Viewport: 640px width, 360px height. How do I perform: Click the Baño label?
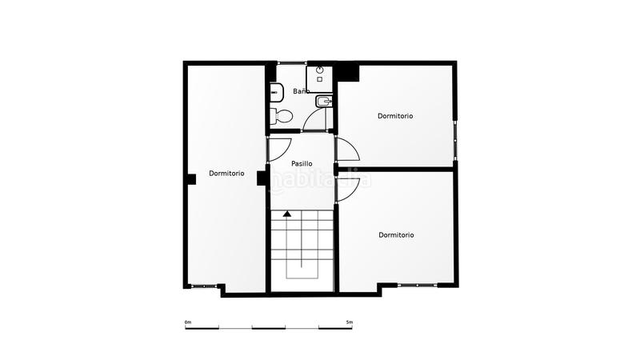tap(301, 91)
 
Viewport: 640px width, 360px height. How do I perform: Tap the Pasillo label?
tap(302, 163)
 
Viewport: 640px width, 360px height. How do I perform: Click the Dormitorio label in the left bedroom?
tap(226, 173)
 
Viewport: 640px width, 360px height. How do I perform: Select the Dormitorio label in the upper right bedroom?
tap(395, 116)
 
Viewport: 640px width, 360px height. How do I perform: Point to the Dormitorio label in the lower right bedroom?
tap(396, 235)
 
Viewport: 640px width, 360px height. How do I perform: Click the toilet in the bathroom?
tap(281, 116)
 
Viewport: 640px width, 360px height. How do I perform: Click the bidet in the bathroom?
tap(324, 102)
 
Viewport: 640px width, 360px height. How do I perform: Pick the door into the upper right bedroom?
tap(346, 150)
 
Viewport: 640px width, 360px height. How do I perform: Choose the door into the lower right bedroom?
tap(346, 187)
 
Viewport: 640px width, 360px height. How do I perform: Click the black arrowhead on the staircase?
tap(287, 214)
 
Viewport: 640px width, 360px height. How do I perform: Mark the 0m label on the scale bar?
tap(188, 322)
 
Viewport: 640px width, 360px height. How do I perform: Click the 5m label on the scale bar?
tap(350, 322)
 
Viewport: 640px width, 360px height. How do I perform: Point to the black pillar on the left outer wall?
tap(190, 179)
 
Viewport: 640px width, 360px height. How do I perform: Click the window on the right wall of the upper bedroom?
tap(455, 139)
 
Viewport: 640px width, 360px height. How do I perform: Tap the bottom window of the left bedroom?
tap(205, 286)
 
